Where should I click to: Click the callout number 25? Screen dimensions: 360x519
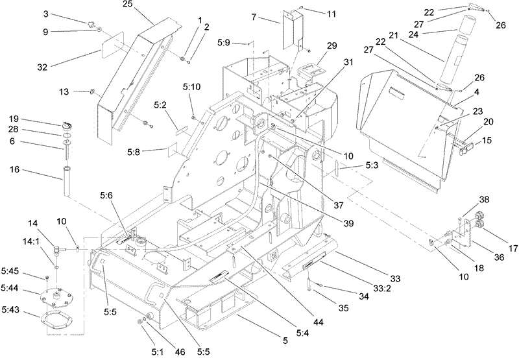pyautogui.click(x=146, y=5)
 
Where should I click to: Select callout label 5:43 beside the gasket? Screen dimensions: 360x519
pyautogui.click(x=12, y=315)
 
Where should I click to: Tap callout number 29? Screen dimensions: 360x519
pyautogui.click(x=332, y=46)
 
